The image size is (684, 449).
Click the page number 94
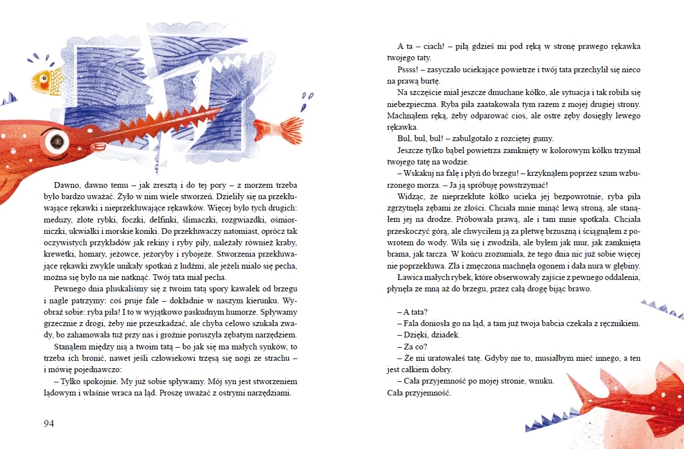(x=48, y=423)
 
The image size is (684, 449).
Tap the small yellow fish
(x=48, y=79)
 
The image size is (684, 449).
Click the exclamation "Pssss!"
(x=409, y=70)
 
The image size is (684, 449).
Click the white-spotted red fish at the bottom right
(x=631, y=398)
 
